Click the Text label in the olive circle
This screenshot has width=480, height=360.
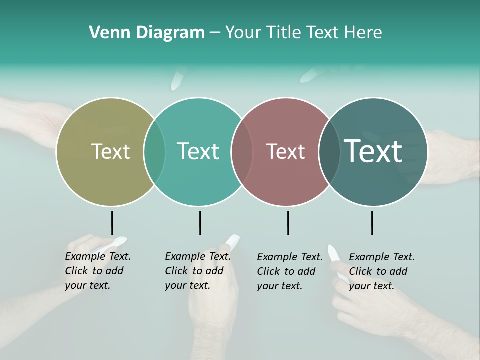(x=110, y=151)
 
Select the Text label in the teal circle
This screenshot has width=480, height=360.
(x=198, y=151)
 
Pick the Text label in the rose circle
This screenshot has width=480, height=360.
(x=285, y=151)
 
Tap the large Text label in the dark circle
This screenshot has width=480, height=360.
(x=373, y=151)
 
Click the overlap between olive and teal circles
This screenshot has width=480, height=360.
(x=154, y=151)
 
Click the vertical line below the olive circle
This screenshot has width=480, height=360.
(x=112, y=223)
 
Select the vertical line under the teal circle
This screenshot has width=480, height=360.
(x=200, y=223)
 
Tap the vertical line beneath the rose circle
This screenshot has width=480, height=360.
(x=288, y=223)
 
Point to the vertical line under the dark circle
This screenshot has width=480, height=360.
(x=372, y=223)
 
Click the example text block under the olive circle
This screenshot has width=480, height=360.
(x=97, y=271)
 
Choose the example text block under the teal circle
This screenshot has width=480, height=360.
(x=197, y=271)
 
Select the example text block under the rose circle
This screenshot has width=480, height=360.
(x=289, y=271)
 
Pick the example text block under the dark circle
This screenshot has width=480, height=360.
(x=381, y=271)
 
